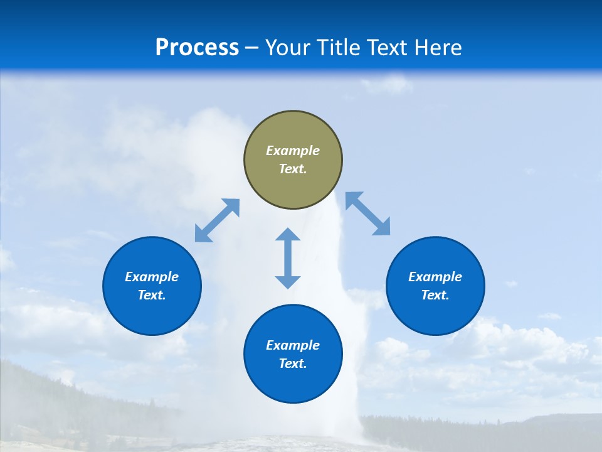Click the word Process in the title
[197, 48]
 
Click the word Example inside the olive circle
[293, 151]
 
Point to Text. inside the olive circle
[293, 169]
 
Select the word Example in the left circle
[152, 277]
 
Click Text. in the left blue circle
[152, 295]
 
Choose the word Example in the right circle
[435, 277]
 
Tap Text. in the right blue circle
[435, 295]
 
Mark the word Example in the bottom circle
[293, 345]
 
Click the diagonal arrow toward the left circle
[217, 220]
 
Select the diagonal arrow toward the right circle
[367, 213]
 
